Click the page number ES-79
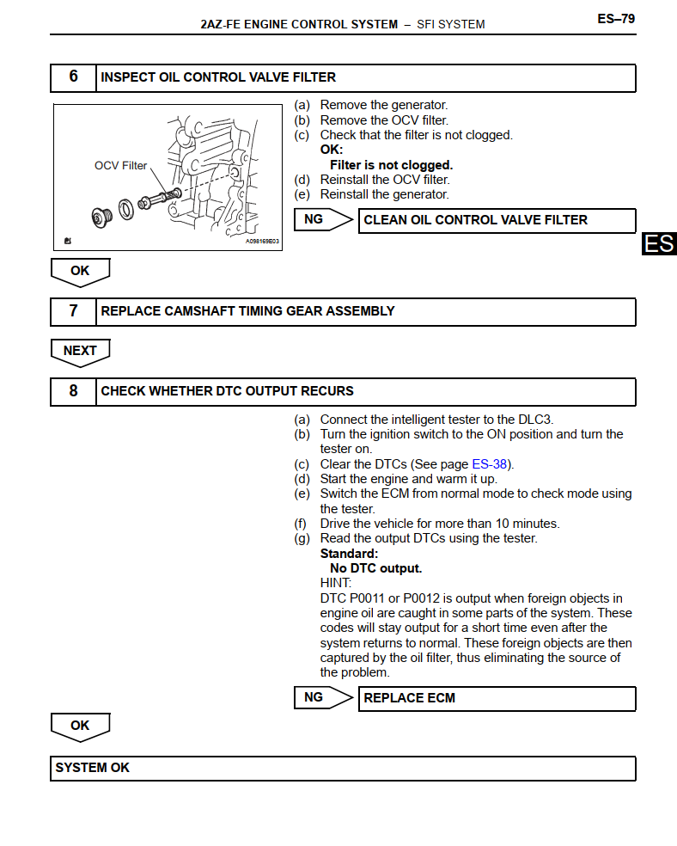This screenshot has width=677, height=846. coord(616,18)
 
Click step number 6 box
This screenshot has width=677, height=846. coord(73,77)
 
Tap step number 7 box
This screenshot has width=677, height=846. coord(73,311)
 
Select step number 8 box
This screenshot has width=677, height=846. coord(73,391)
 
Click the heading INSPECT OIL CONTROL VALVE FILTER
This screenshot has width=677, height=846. coord(218,77)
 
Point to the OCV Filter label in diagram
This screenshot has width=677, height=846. coord(120,165)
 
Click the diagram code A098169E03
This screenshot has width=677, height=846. coord(262,242)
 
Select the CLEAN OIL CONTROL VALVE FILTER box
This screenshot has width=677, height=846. coord(497,220)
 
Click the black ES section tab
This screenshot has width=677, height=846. coord(659,244)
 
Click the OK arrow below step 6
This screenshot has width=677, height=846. coord(80,271)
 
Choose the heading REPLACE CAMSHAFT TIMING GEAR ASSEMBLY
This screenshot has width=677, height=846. coord(247,311)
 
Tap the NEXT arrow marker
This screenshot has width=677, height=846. coord(80,351)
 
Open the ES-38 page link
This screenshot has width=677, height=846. coord(489,464)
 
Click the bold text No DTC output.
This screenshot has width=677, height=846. coord(375,568)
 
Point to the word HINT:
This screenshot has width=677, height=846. coord(336,583)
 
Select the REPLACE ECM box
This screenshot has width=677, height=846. coord(497,698)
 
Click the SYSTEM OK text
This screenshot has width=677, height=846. coord(93,768)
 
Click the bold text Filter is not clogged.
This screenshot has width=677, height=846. coord(391,165)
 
